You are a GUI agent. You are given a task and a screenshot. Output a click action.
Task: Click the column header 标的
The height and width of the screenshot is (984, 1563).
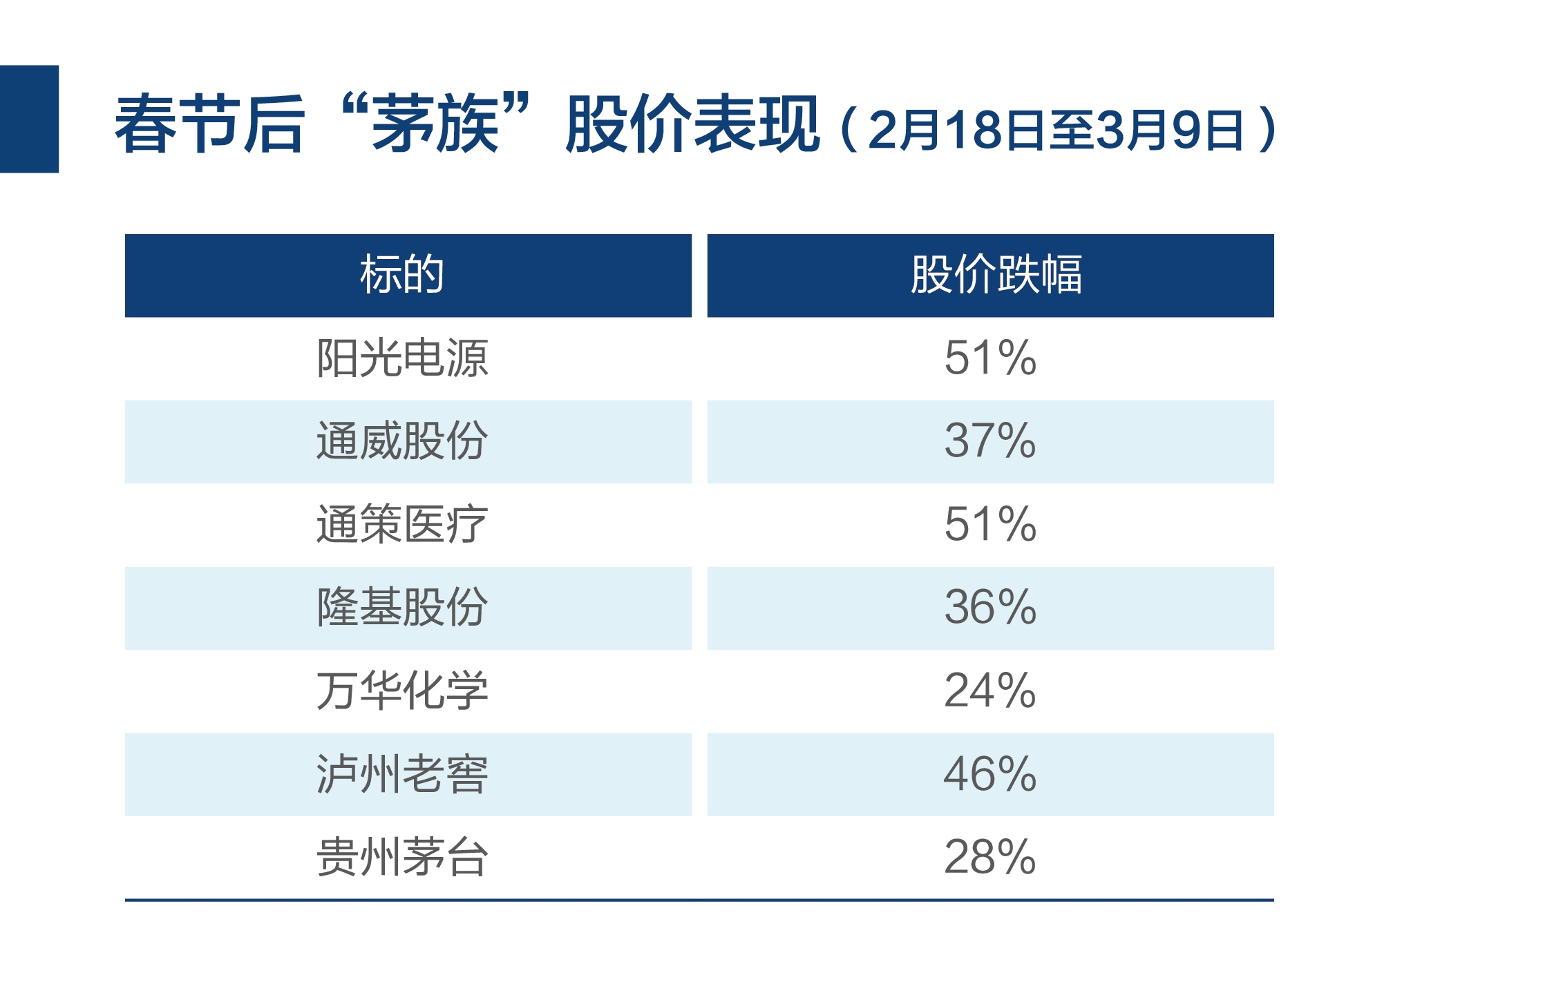(x=401, y=275)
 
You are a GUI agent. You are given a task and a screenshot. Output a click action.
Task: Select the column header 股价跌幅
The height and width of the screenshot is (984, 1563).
(x=996, y=275)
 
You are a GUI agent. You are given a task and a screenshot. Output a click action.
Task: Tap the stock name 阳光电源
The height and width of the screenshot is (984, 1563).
(x=402, y=358)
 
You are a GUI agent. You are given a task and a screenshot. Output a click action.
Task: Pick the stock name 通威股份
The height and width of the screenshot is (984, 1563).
(x=402, y=441)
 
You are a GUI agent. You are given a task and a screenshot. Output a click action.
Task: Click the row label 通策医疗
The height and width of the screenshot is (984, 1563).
(x=402, y=525)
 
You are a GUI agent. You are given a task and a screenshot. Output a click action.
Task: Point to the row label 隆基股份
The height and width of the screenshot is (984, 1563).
(x=402, y=608)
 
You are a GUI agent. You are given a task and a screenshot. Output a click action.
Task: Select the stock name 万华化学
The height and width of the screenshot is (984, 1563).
(x=402, y=691)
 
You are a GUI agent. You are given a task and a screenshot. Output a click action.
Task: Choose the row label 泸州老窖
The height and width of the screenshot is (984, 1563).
(x=402, y=774)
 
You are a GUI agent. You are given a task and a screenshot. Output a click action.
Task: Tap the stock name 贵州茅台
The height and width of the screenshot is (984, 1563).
(x=402, y=857)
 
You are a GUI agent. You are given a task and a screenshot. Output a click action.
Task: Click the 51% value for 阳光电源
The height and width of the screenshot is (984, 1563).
(x=990, y=358)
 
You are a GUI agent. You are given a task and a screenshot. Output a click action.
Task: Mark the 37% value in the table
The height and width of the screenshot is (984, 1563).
(x=990, y=441)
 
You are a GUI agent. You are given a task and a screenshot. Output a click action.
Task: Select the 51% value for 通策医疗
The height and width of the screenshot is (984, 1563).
(x=990, y=525)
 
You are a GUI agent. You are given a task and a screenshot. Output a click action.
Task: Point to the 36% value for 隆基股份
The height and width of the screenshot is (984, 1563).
(x=990, y=608)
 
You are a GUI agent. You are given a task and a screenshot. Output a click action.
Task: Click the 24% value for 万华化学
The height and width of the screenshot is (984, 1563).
(x=990, y=691)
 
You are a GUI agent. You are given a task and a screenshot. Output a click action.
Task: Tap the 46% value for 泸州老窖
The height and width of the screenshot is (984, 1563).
(x=990, y=774)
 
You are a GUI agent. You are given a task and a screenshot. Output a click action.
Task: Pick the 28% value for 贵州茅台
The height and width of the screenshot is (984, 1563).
(x=990, y=857)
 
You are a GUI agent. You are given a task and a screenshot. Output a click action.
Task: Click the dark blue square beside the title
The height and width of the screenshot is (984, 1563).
(x=29, y=119)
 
